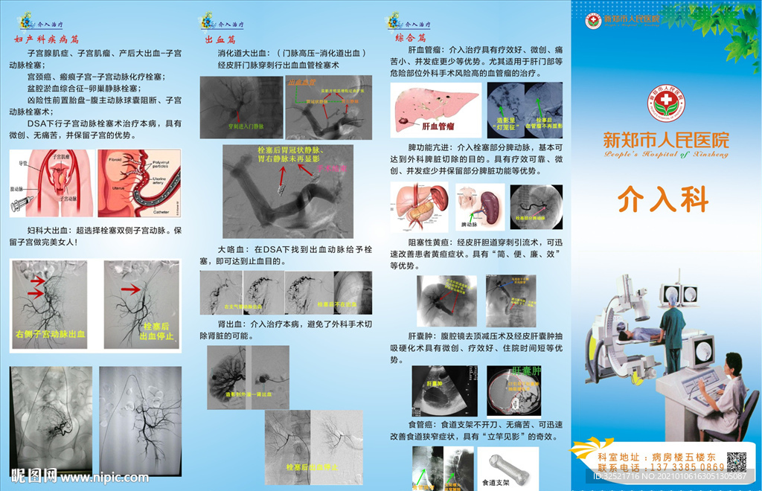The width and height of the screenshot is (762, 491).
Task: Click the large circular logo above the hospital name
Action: tap(667, 103)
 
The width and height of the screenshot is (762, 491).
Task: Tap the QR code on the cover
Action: tap(736, 461)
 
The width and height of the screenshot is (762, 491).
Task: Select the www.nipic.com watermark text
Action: tap(108, 475)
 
